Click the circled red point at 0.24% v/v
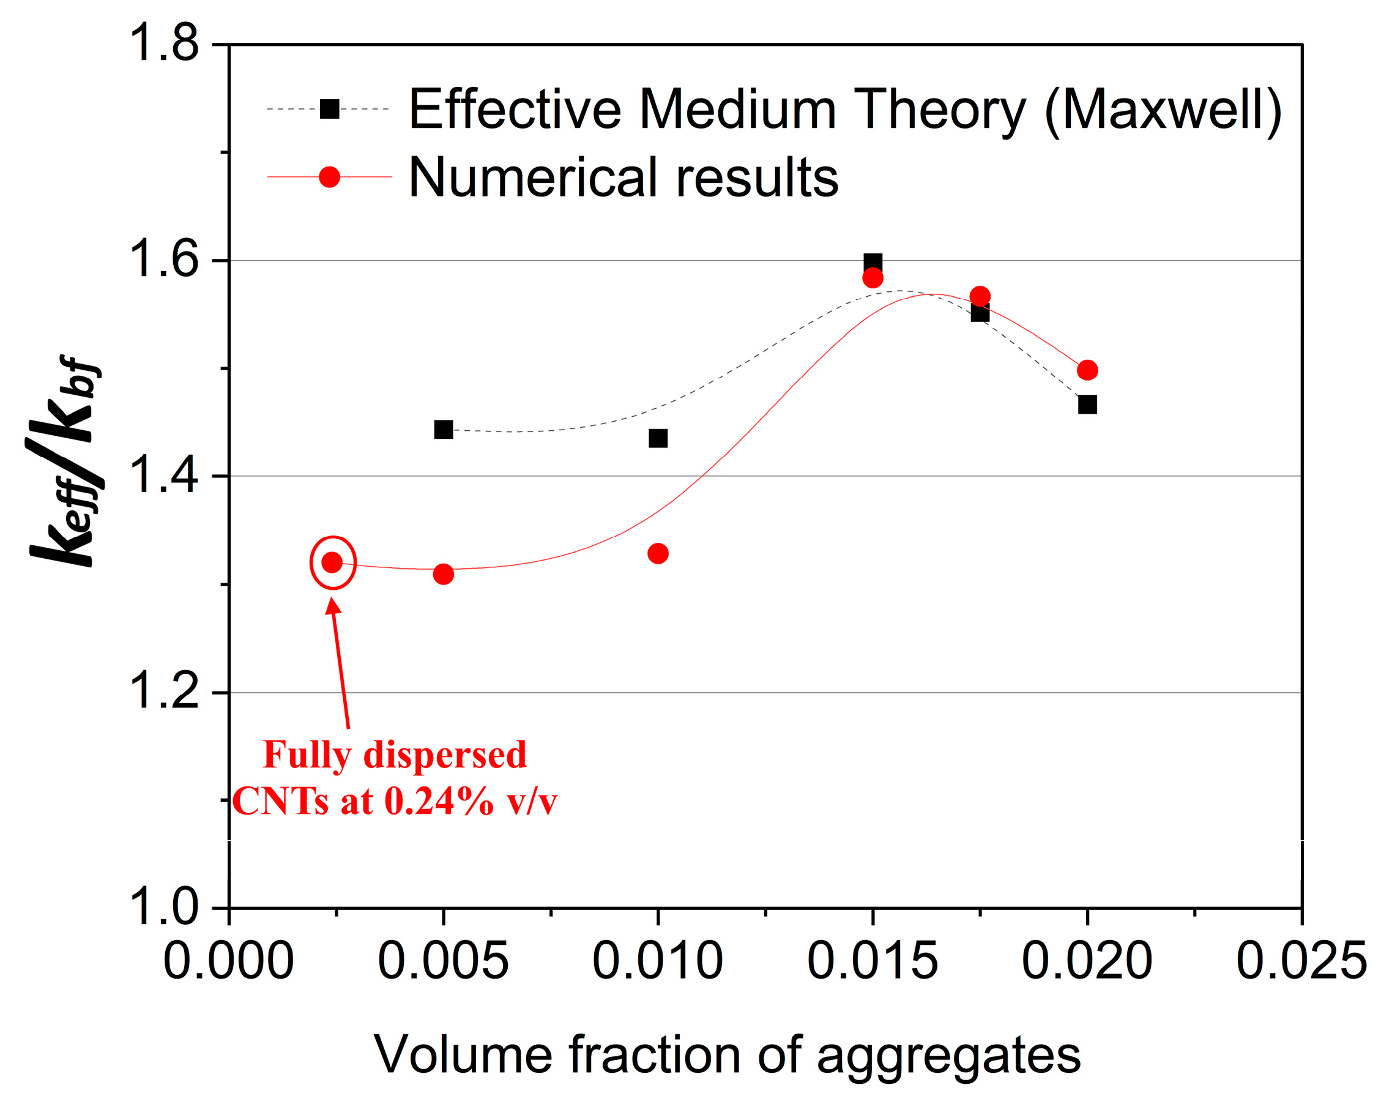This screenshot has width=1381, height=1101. click(332, 562)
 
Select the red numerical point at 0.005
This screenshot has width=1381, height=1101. click(443, 573)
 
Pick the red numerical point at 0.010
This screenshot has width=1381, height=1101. click(658, 553)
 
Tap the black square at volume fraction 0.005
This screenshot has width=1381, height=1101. click(443, 430)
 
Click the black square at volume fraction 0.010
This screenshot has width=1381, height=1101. click(658, 438)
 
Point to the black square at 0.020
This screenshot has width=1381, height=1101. click(1087, 405)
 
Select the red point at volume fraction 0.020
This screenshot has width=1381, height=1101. click(1087, 370)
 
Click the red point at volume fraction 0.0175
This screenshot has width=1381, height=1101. click(980, 296)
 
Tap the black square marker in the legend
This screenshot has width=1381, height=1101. click(329, 109)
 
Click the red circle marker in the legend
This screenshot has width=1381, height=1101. click(329, 176)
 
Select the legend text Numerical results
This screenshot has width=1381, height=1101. click(623, 177)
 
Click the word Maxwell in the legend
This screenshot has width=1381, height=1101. click(1163, 110)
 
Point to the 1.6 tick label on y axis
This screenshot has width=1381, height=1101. click(164, 259)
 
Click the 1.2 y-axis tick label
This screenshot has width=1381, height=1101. click(164, 692)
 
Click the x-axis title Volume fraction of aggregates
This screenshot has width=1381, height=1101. click(727, 1054)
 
